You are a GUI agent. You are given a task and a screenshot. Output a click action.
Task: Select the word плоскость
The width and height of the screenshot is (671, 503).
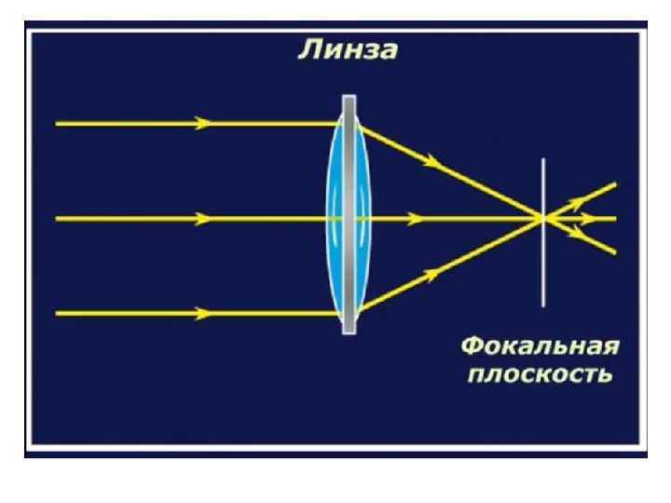(540, 375)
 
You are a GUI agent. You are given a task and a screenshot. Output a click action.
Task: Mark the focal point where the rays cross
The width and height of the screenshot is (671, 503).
(543, 219)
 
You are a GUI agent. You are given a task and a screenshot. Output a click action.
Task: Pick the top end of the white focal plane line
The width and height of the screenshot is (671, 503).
(543, 160)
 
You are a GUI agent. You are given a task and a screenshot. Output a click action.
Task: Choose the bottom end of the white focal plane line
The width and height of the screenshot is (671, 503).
(543, 305)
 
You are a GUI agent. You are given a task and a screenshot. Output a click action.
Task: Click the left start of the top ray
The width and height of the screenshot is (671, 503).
(58, 123)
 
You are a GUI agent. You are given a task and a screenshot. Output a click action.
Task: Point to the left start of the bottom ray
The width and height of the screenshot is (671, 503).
(58, 313)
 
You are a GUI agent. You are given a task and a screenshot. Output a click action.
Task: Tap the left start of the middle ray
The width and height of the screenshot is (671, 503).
(58, 219)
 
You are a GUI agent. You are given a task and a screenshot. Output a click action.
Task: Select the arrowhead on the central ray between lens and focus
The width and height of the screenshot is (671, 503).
(417, 219)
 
